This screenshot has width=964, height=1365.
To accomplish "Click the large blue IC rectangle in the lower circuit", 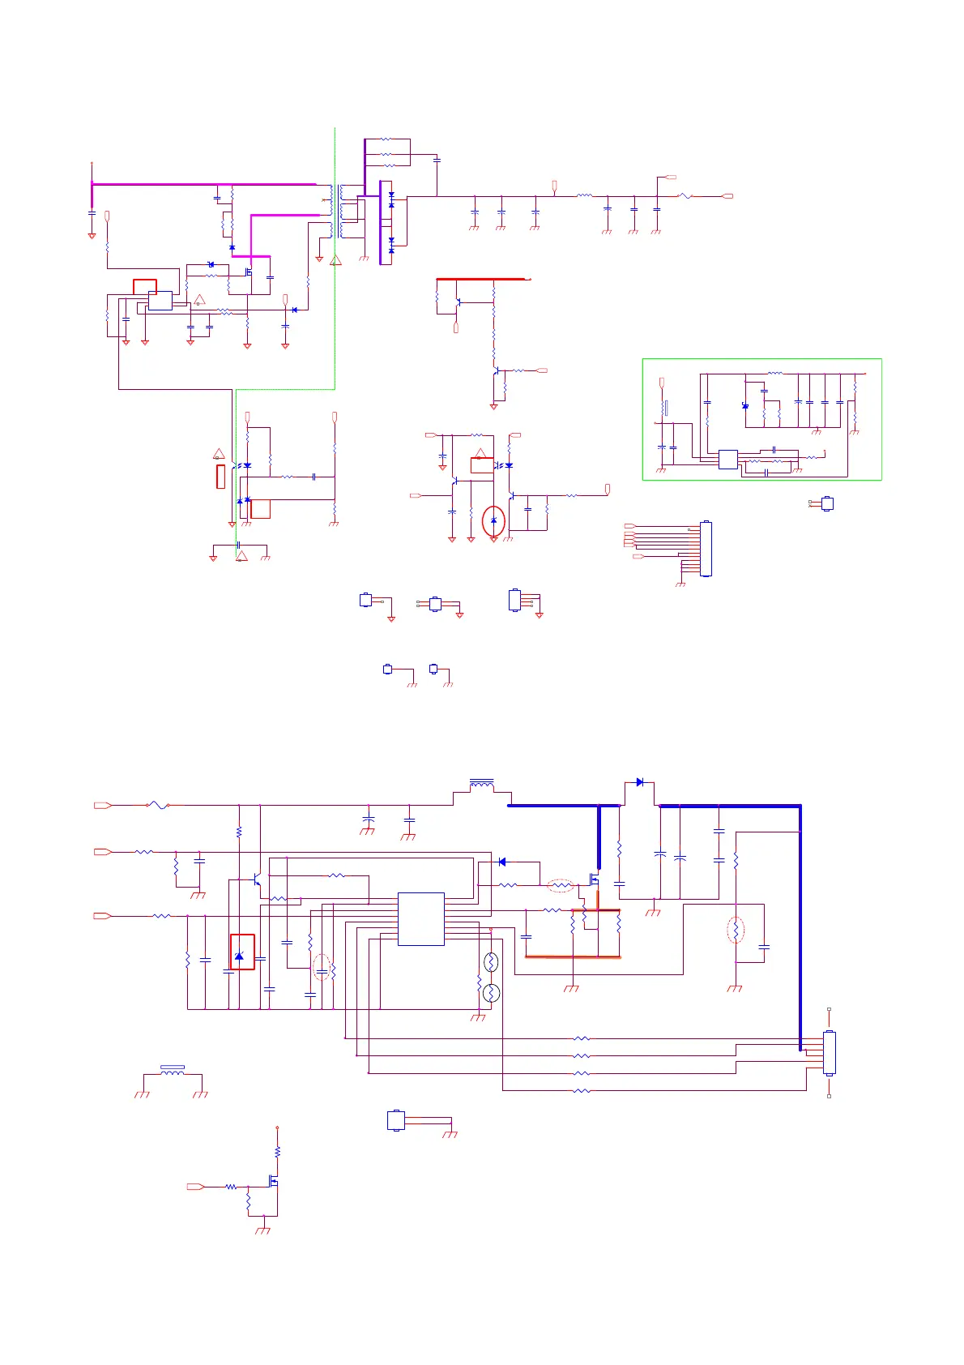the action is tap(420, 918).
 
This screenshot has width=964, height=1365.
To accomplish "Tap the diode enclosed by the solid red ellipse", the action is tap(494, 520).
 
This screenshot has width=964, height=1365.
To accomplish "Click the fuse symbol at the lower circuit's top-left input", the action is tap(157, 805).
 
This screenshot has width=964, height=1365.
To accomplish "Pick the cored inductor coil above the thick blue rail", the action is tap(482, 785).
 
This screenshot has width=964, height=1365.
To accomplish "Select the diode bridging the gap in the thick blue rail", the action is tap(639, 782).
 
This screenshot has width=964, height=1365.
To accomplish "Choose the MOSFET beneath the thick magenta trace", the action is tap(249, 272).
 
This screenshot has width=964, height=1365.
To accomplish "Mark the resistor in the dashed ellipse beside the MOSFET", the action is tap(561, 885).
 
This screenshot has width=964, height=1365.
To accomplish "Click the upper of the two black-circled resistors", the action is tap(491, 962).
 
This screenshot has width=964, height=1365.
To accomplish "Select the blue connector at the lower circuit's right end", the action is tap(829, 1052).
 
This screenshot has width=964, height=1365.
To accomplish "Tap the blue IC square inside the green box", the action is tap(727, 459).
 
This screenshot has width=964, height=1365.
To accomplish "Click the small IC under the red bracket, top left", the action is tap(160, 300).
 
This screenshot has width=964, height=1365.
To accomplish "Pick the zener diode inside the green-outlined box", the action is tap(745, 405).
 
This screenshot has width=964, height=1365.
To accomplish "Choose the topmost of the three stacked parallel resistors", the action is tap(386, 139).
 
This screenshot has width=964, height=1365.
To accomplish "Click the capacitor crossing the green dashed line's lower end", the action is tap(238, 544).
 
